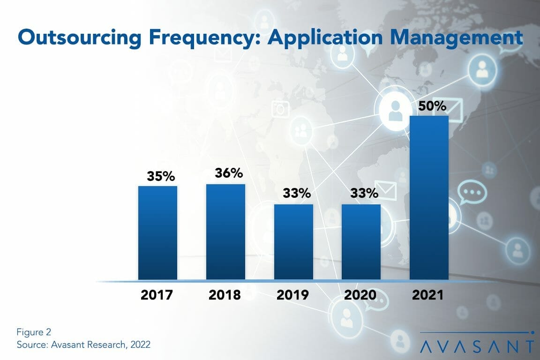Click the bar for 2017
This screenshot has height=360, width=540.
tap(157, 233)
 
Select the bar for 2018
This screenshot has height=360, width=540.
tap(225, 232)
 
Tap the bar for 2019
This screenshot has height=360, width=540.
tap(293, 242)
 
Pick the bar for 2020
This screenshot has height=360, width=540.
tap(361, 242)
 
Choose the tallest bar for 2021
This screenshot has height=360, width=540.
tap(429, 197)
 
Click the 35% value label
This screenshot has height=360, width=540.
tap(161, 176)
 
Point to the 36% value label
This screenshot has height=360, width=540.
tap(229, 173)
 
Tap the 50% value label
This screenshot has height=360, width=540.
tap(432, 106)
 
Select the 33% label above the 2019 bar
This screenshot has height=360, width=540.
tap(296, 193)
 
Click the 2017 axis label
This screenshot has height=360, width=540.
tap(157, 295)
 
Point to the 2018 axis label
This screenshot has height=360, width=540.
tap(225, 295)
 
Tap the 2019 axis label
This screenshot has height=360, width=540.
tap(293, 295)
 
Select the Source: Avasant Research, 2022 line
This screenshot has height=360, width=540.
tap(83, 345)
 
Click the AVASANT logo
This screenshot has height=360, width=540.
tap(477, 346)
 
